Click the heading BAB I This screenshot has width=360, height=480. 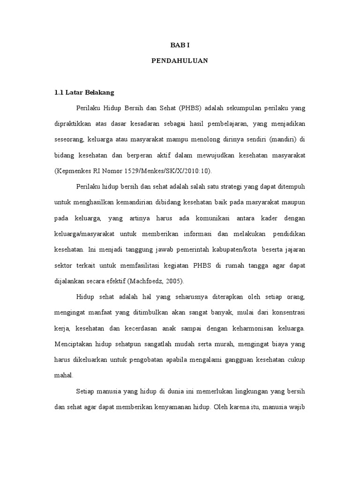point(180,45)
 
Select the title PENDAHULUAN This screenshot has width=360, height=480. point(180,61)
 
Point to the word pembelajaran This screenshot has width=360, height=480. point(227,124)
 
